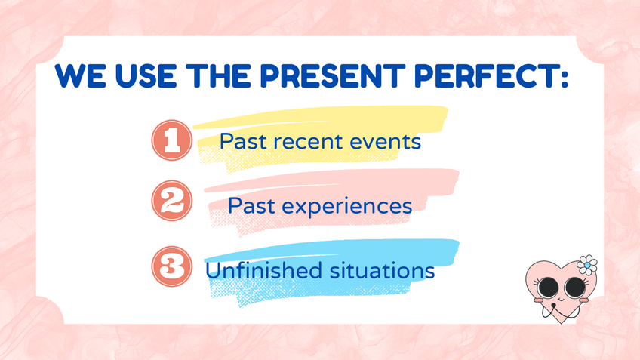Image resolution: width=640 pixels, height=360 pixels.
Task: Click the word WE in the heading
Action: coord(81,76)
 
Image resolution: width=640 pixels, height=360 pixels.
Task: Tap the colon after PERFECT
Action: coord(564,78)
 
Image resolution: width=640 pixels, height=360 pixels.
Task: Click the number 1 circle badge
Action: coord(172,140)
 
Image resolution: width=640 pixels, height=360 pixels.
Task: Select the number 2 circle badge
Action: coord(172,201)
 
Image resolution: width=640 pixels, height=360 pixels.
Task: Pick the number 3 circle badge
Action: coord(172,266)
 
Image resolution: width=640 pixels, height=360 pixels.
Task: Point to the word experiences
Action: coord(346,207)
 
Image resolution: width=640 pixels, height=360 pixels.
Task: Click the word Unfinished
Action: coord(263,270)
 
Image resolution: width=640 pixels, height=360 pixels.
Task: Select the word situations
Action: coord(382,270)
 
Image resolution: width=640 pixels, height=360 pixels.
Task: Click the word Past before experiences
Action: coord(251,205)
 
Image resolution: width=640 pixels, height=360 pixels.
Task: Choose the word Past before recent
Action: coord(243,141)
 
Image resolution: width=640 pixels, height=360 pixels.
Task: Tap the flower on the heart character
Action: coord(587,265)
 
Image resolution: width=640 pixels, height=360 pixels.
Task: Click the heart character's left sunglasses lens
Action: coord(548,287)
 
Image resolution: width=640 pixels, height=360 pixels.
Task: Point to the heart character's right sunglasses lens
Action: coord(575,288)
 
